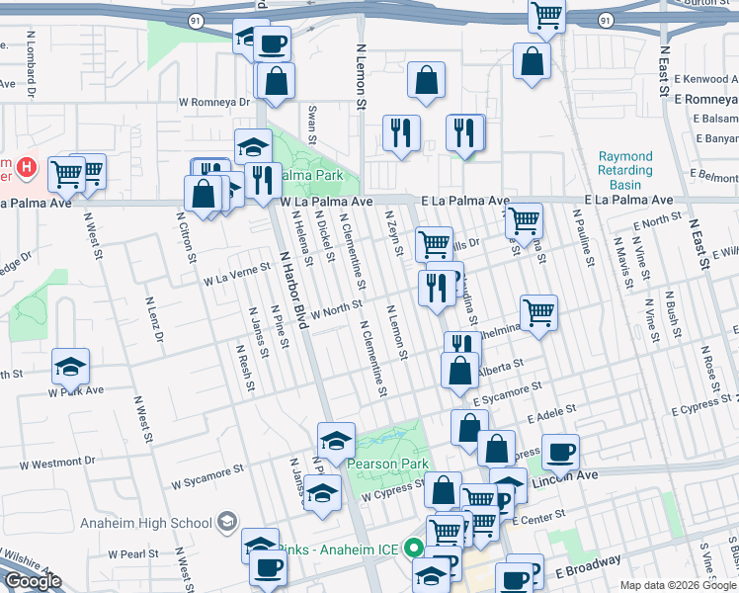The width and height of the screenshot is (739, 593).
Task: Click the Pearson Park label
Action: pyautogui.click(x=384, y=465)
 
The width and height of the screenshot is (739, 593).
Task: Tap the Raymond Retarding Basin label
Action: pyautogui.click(x=625, y=170)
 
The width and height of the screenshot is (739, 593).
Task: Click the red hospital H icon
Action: pyautogui.click(x=27, y=168)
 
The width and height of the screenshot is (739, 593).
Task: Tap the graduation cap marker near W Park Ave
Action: pyautogui.click(x=70, y=367)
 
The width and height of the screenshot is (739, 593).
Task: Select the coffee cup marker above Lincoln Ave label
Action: pyautogui.click(x=560, y=452)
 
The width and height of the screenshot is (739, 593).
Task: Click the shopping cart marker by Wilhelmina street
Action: pyautogui.click(x=538, y=312)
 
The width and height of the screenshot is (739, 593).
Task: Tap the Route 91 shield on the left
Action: pyautogui.click(x=194, y=19)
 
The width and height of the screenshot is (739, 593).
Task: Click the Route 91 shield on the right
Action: pyautogui.click(x=605, y=19)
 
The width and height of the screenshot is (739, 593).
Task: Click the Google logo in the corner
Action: pyautogui.click(x=33, y=581)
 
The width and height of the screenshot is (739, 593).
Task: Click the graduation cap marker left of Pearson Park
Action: pyautogui.click(x=335, y=440)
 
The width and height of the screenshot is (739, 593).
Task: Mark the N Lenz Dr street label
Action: pyautogui.click(x=154, y=320)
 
